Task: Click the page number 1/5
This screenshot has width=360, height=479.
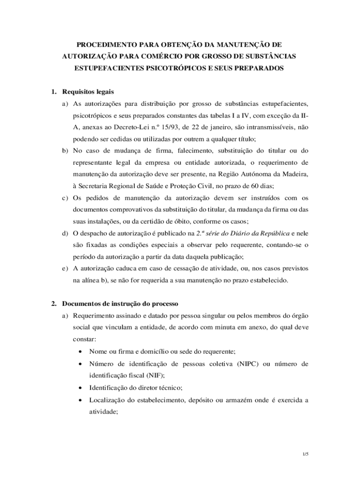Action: [x=306, y=454]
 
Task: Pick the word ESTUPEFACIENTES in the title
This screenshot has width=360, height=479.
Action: [x=108, y=68]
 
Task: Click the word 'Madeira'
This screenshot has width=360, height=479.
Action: [x=295, y=174]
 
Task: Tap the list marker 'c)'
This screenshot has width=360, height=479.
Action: [x=65, y=198]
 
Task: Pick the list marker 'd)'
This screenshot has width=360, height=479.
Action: [x=65, y=233]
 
